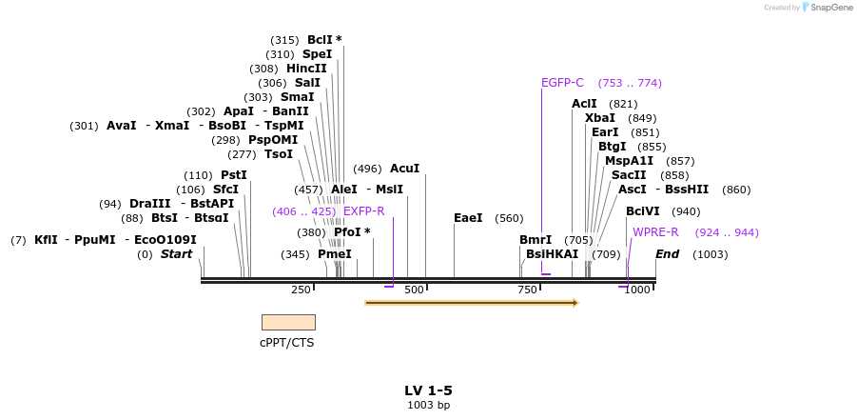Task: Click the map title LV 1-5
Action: [x=428, y=390]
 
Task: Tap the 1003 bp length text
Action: [x=428, y=406]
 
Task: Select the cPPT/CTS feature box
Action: [x=288, y=322]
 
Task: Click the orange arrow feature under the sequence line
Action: [x=471, y=303]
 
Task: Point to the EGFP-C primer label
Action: [x=562, y=83]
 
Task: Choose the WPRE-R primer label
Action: [x=655, y=232]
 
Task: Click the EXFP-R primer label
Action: [x=363, y=211]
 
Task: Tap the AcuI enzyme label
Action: [x=404, y=169]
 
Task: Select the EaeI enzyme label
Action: [x=468, y=218]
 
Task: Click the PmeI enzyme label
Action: [x=334, y=254]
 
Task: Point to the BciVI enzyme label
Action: [x=643, y=211]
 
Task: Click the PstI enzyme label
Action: [x=233, y=175]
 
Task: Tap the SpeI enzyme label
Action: [x=317, y=54]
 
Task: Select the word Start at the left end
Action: [x=176, y=254]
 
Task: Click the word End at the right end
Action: [x=667, y=254]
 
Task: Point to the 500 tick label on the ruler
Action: [x=414, y=290]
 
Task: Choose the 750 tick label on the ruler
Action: [x=527, y=290]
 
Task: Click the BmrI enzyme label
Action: [x=536, y=240]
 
